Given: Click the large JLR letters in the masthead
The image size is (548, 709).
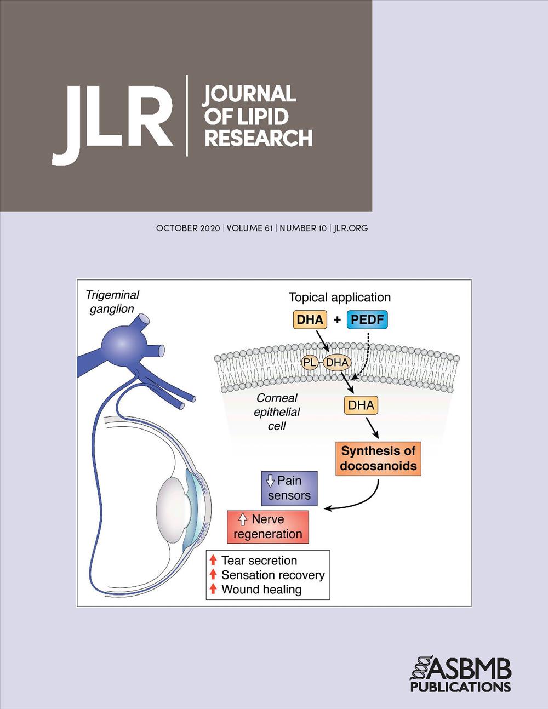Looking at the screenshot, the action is point(112,125).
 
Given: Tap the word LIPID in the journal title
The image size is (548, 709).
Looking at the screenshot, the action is point(263,117).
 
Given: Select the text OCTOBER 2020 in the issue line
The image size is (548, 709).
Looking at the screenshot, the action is point(188,228).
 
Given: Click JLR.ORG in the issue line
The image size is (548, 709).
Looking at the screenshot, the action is point(350,228).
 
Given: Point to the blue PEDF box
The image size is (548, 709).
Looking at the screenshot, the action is point(367,319).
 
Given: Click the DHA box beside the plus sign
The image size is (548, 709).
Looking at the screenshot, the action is point(310,319).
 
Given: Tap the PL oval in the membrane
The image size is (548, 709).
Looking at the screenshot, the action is point(310,363).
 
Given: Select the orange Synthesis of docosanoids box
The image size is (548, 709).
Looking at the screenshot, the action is point(378,459).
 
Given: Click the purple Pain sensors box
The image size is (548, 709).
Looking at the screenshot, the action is point(289,488).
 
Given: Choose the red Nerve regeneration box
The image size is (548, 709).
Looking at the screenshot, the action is point(268,527).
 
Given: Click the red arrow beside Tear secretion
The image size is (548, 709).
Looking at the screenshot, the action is point(213,560).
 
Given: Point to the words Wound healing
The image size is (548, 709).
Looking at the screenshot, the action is point(261,589).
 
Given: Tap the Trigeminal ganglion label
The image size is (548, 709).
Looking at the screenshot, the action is point(112,302).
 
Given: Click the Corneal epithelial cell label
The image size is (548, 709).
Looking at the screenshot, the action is point(277,412).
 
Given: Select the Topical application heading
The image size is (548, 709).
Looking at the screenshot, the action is point(340,298).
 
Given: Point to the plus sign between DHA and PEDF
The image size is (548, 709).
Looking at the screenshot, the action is point(337,319).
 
